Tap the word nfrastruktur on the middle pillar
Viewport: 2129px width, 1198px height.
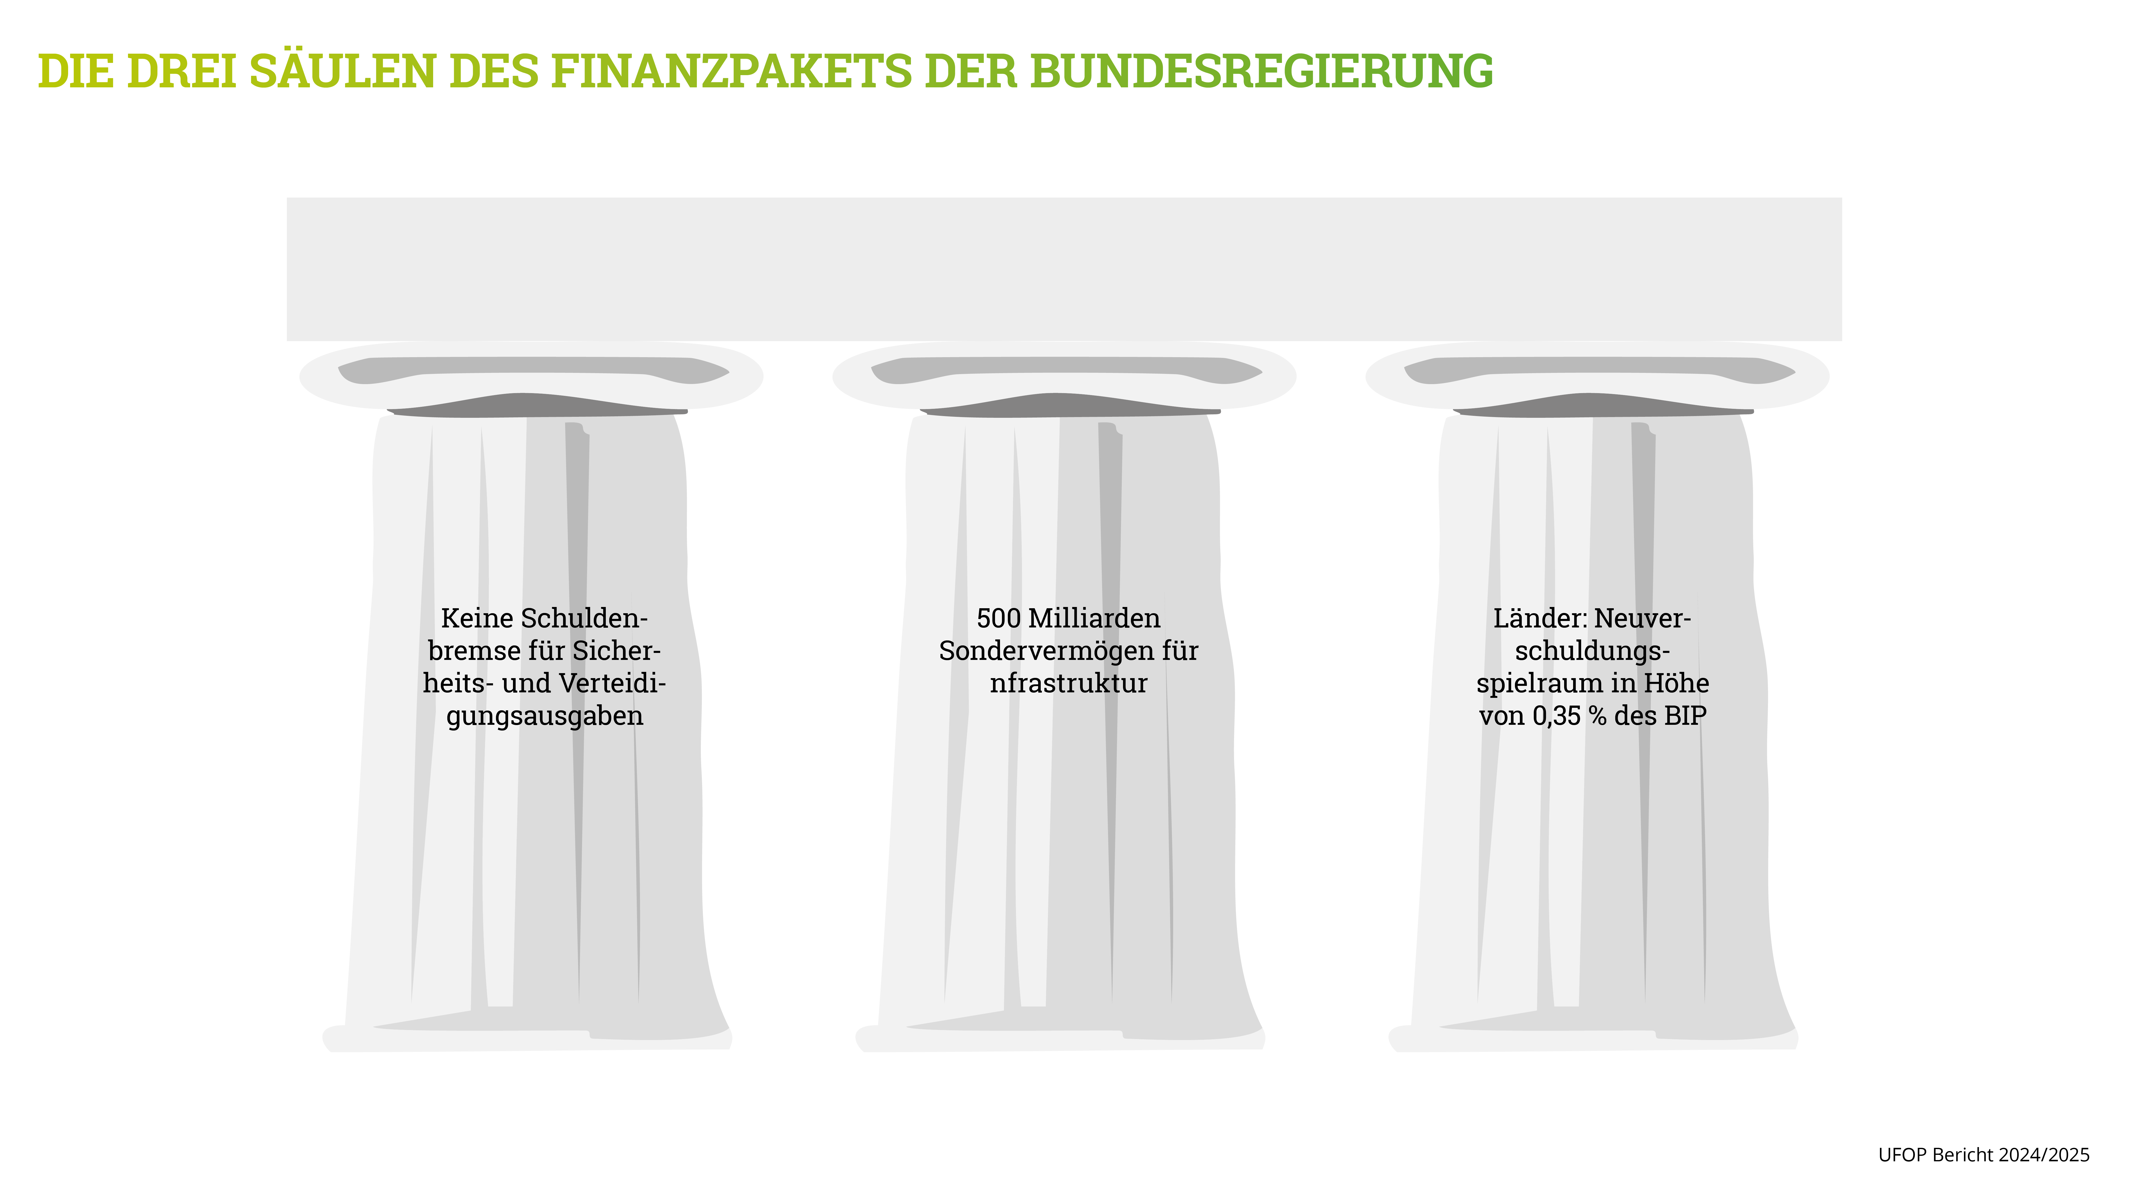point(1069,684)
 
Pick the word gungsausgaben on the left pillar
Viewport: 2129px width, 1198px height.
point(545,716)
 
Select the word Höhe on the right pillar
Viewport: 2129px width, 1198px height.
point(1676,684)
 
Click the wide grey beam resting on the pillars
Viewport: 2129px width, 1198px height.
point(1064,269)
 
